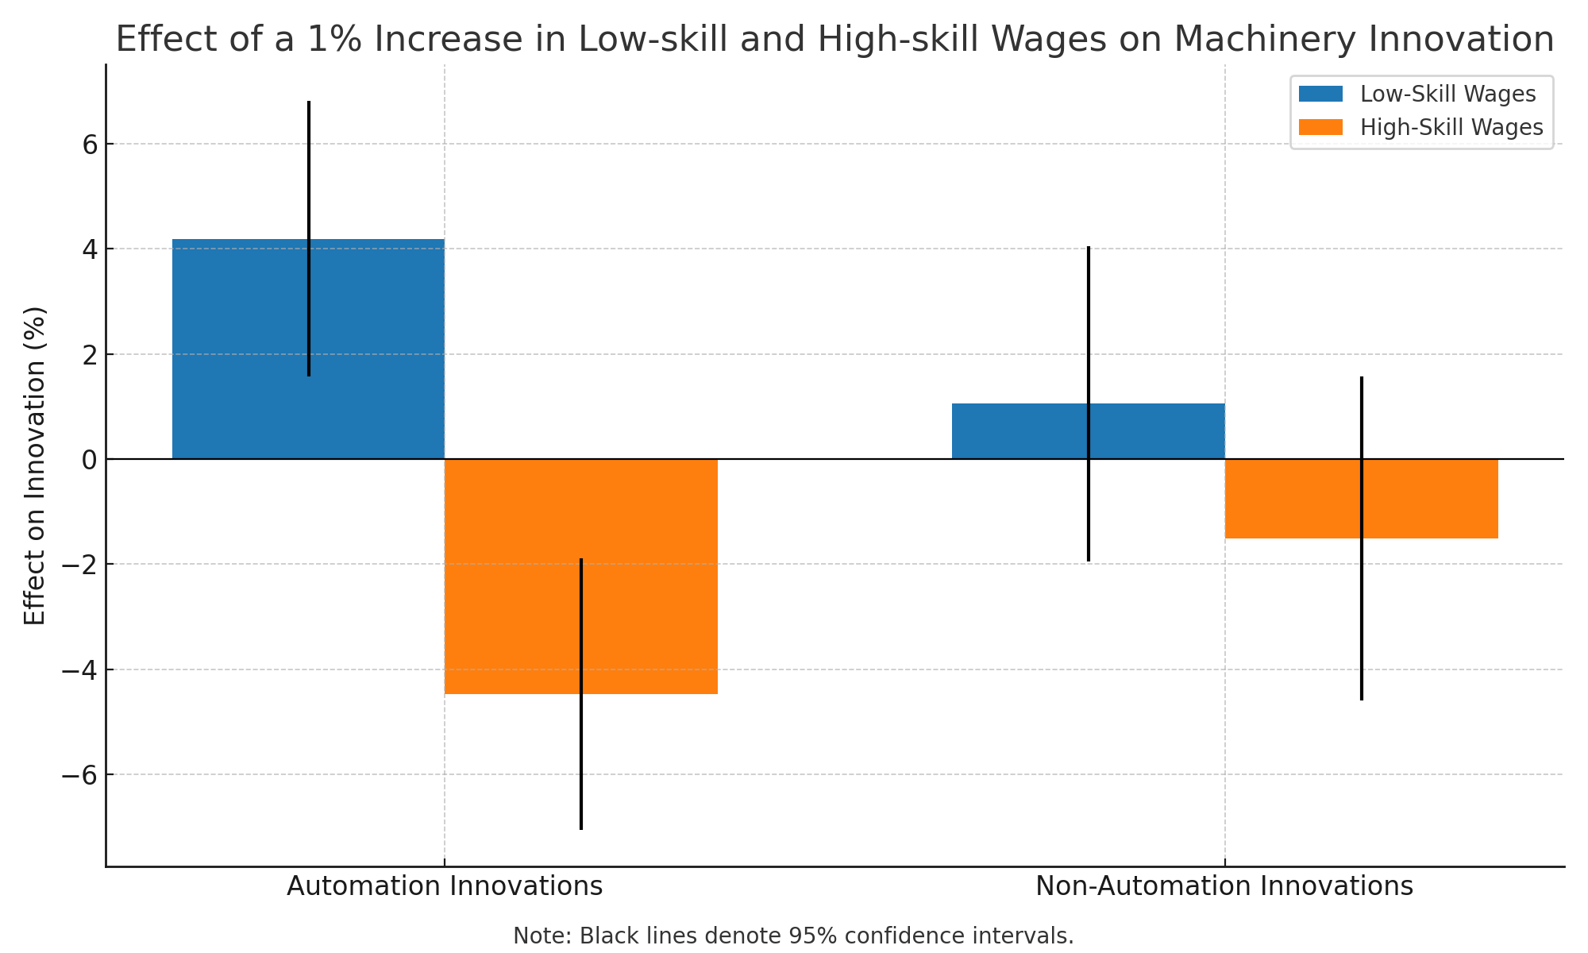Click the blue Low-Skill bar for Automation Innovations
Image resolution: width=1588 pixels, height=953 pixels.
pyautogui.click(x=238, y=349)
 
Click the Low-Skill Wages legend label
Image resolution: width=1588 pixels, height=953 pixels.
pyautogui.click(x=1447, y=95)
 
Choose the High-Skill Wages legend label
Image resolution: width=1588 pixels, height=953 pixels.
pyautogui.click(x=1451, y=128)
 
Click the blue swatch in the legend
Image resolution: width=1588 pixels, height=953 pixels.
pyautogui.click(x=1320, y=95)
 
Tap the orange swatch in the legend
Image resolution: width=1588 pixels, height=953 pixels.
pyautogui.click(x=1320, y=128)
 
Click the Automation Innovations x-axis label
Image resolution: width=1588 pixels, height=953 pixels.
pyautogui.click(x=445, y=886)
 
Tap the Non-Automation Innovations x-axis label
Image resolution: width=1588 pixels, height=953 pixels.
pyautogui.click(x=1224, y=886)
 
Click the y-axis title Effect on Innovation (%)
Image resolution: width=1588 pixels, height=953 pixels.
pyautogui.click(x=35, y=465)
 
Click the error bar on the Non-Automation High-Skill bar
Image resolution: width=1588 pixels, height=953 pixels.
pyautogui.click(x=1362, y=619)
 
